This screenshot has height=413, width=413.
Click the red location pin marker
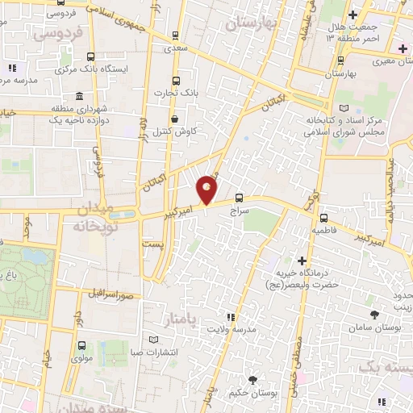[207, 190]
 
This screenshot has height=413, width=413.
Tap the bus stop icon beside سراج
[240, 197]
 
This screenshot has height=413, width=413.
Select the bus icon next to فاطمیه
[323, 218]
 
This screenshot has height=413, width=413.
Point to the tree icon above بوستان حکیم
[253, 380]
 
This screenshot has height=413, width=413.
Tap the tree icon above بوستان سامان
[373, 315]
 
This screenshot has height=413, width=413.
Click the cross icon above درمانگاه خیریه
[302, 261]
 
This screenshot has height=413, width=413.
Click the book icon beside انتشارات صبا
[153, 340]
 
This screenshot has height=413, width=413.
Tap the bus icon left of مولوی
[81, 345]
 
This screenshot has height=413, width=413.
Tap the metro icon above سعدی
[176, 35]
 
